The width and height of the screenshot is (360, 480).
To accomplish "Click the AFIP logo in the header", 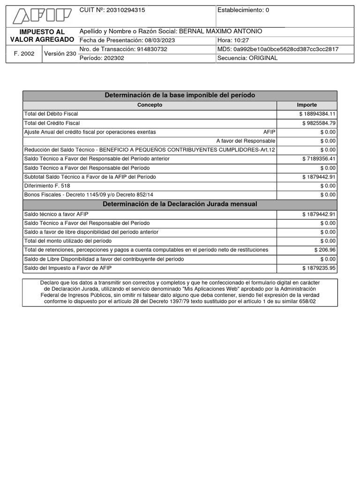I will click(42, 16).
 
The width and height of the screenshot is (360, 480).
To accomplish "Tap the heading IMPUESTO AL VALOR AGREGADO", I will click(42, 36).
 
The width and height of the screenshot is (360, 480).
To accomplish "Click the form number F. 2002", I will click(24, 53).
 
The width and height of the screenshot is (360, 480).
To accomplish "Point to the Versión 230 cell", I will click(60, 53).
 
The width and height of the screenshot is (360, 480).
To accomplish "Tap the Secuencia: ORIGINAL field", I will click(247, 58).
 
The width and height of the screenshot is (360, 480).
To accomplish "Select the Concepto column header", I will click(150, 105).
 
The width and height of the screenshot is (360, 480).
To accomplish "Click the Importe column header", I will click(307, 105).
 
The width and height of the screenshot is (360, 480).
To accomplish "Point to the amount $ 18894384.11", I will click(317, 114).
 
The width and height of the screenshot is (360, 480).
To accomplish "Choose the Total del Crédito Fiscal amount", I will click(319, 123).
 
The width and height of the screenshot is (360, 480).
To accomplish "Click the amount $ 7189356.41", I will click(319, 159).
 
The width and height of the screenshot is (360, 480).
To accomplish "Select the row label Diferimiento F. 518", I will click(47, 186).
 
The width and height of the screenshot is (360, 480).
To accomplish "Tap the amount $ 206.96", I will click(325, 250).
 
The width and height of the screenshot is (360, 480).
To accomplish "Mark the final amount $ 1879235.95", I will click(319, 268).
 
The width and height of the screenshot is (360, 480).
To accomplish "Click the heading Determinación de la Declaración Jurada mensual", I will click(180, 204).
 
